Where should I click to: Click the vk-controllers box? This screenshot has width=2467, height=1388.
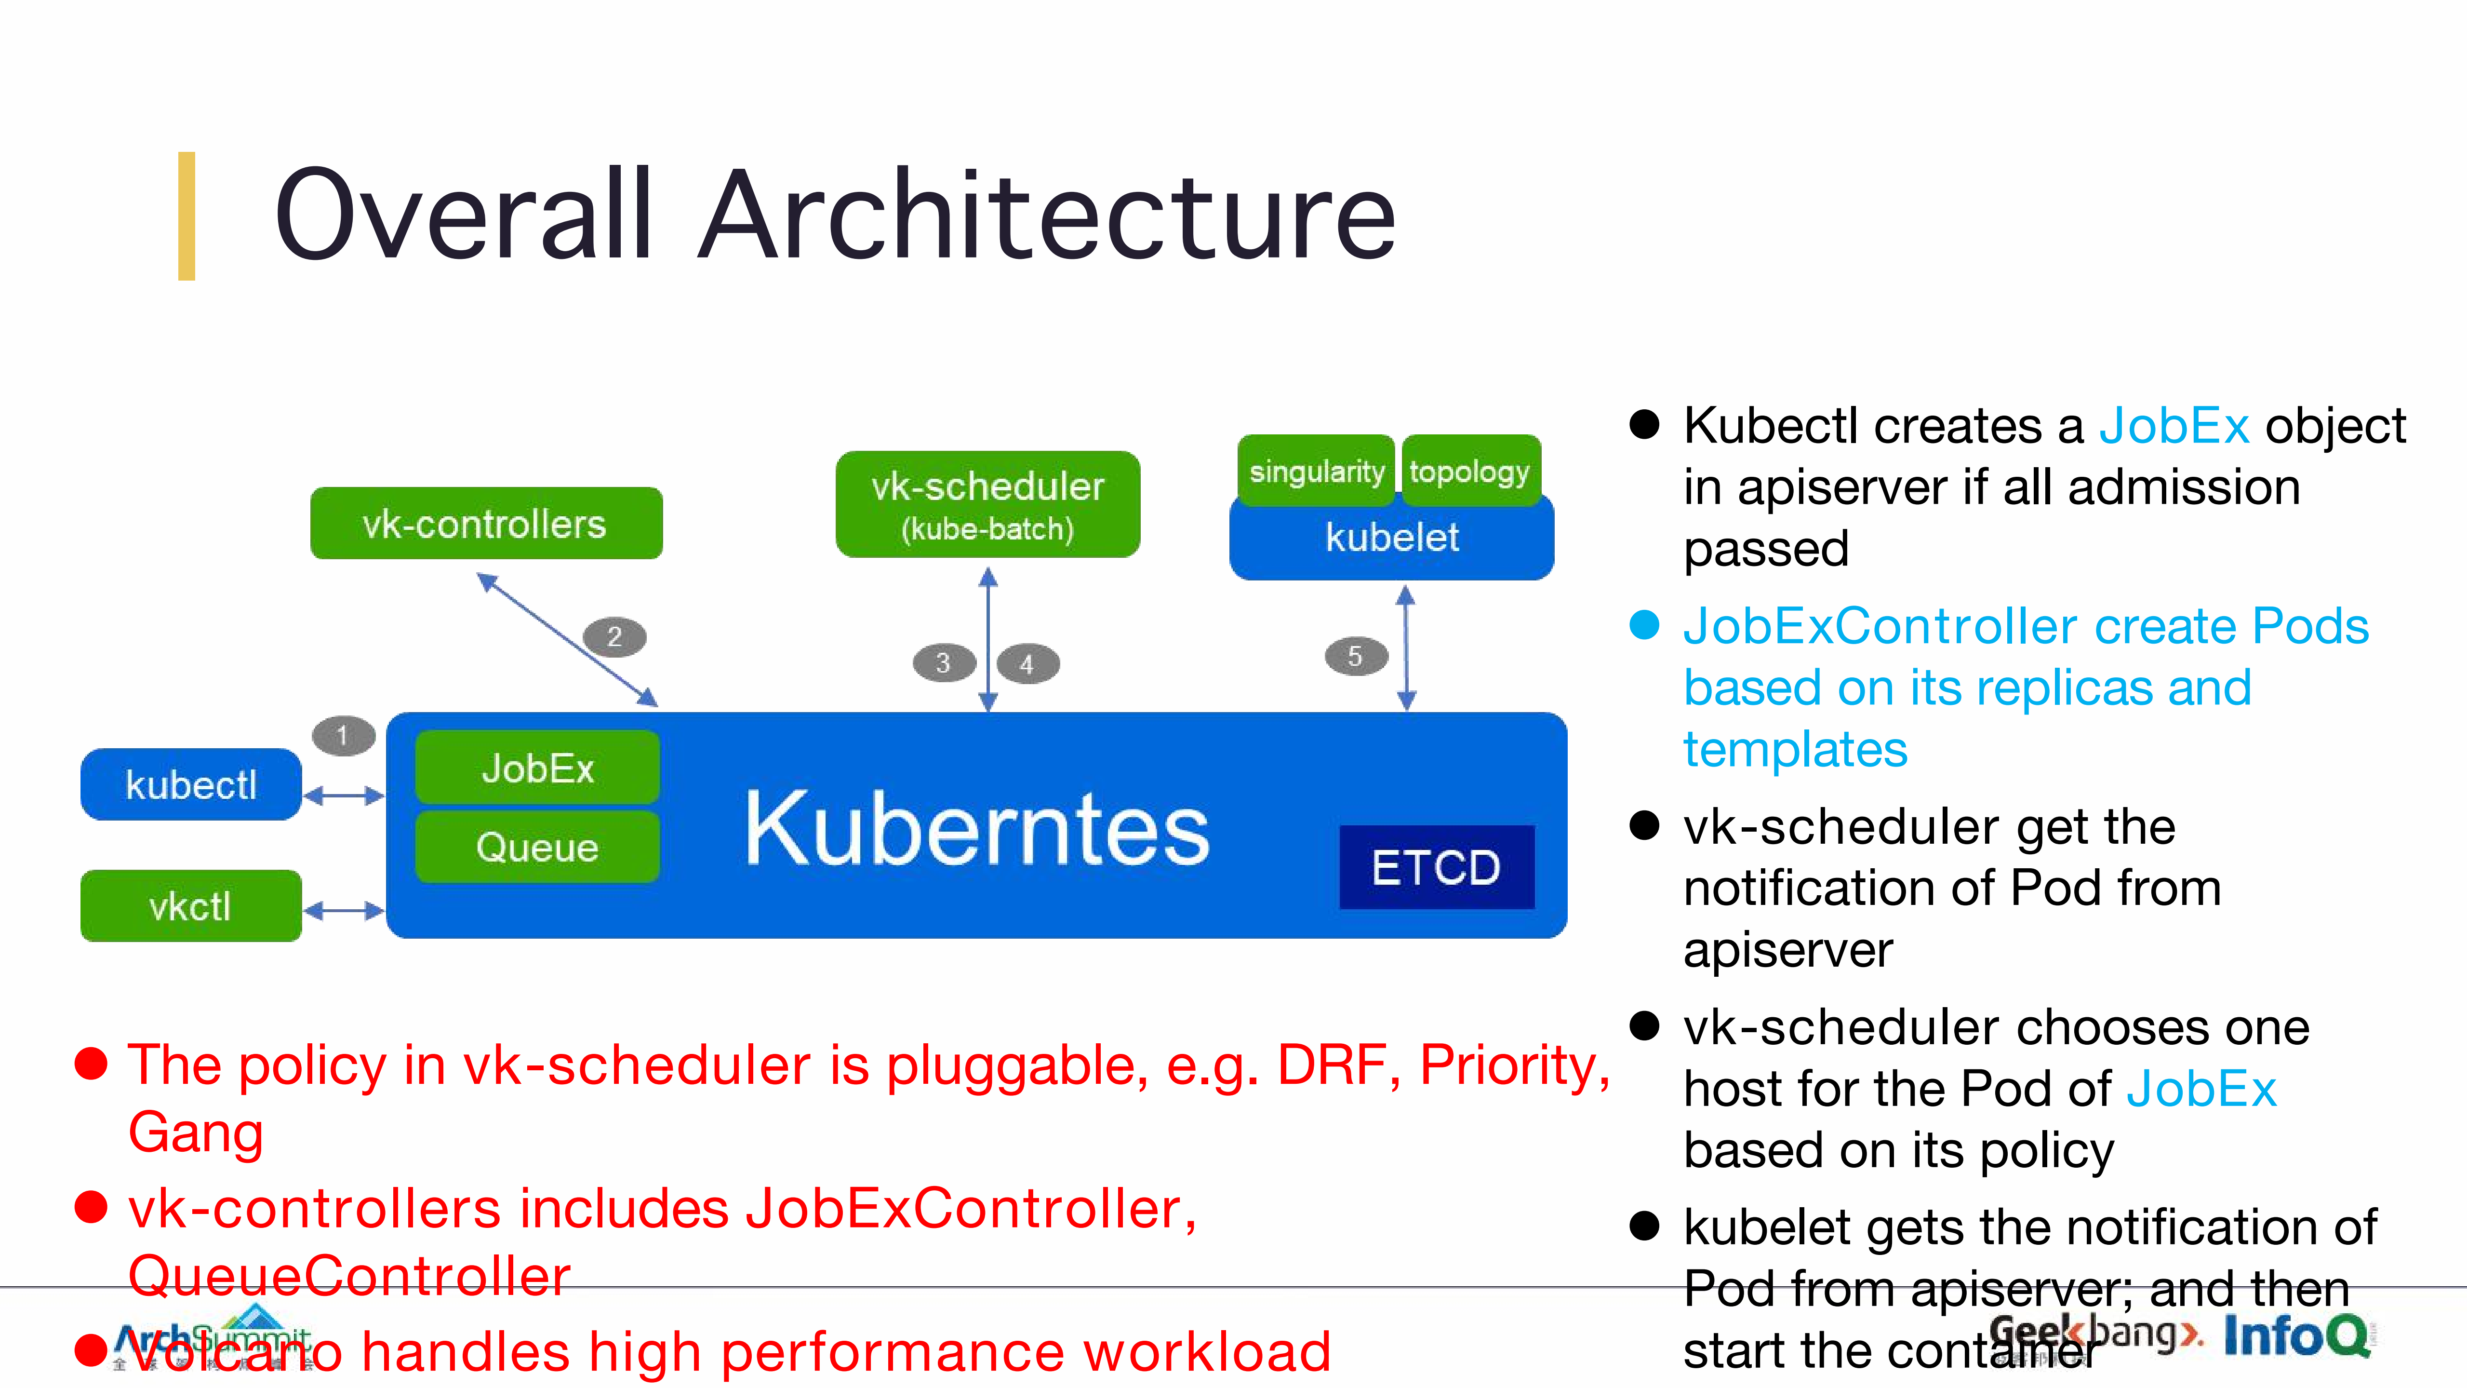[486, 523]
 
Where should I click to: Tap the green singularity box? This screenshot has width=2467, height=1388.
[1316, 471]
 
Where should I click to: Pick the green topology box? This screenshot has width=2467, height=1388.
[1470, 471]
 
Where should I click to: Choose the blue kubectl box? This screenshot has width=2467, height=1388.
[190, 784]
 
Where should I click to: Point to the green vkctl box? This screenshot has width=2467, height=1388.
[190, 906]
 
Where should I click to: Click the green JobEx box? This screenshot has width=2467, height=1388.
[537, 767]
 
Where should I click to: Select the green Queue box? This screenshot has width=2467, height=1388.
[537, 847]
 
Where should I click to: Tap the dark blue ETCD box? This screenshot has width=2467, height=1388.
[1436, 867]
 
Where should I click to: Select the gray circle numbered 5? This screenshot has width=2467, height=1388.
[1355, 656]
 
